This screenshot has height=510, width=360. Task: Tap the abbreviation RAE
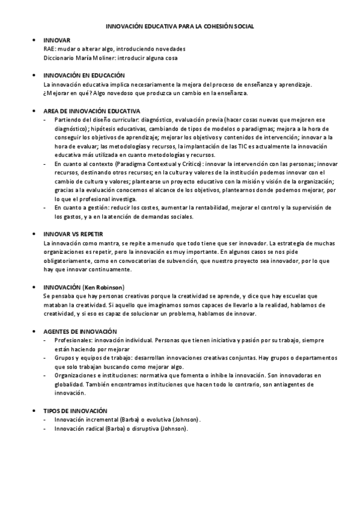(x=50, y=49)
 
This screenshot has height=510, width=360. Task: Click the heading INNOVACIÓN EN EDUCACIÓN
(x=84, y=76)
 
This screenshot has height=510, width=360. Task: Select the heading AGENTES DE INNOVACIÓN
(x=81, y=331)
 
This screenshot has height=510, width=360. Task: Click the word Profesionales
(x=72, y=340)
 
